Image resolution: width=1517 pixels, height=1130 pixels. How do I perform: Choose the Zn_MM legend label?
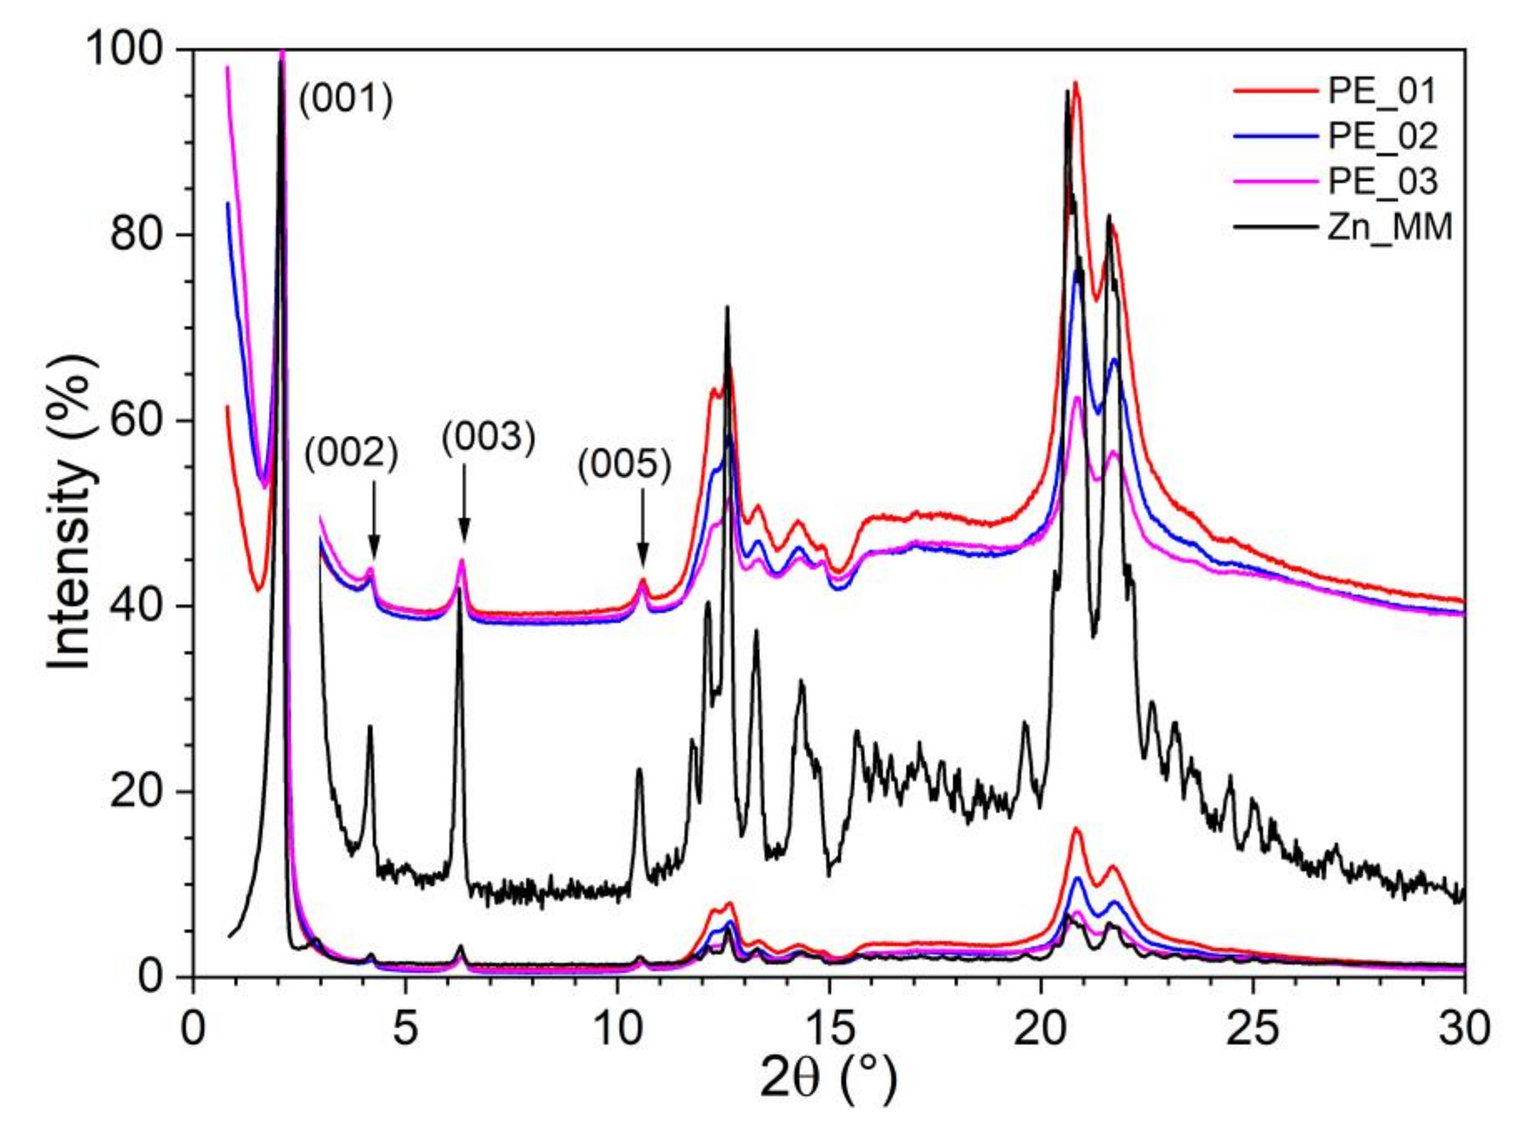pyautogui.click(x=1389, y=226)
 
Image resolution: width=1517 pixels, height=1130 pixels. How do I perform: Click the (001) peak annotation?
pyautogui.click(x=346, y=100)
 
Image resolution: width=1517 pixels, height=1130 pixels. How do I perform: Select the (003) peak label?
pyautogui.click(x=488, y=438)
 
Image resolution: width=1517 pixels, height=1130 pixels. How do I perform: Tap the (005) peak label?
pyautogui.click(x=624, y=467)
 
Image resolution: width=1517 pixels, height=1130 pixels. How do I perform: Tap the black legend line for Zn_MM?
pyautogui.click(x=1276, y=226)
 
